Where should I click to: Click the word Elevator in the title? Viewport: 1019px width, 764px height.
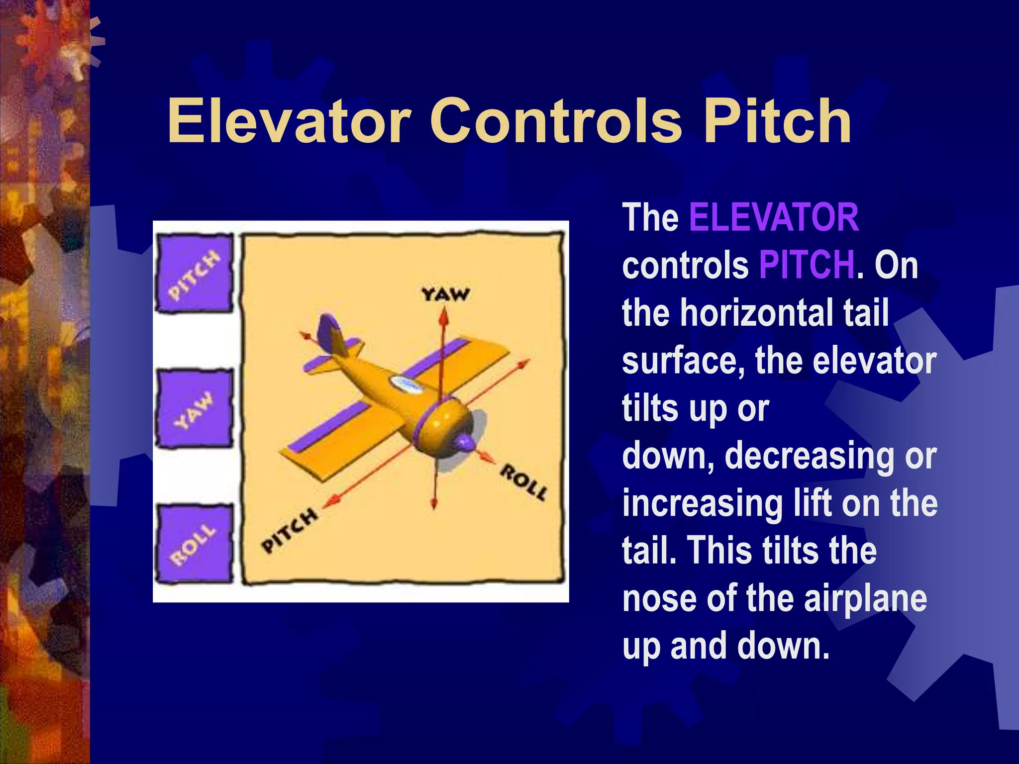point(289,121)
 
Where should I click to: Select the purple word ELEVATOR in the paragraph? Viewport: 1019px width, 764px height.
point(774,217)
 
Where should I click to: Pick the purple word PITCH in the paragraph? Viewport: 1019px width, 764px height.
point(807,265)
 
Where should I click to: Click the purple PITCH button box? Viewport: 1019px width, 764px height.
point(194,274)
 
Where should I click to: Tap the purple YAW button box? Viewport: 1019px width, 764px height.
point(194,409)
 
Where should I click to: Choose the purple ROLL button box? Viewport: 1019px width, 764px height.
point(194,544)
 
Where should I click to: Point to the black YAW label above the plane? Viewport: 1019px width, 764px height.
point(445,294)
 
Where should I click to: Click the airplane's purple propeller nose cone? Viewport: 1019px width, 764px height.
point(466,442)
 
